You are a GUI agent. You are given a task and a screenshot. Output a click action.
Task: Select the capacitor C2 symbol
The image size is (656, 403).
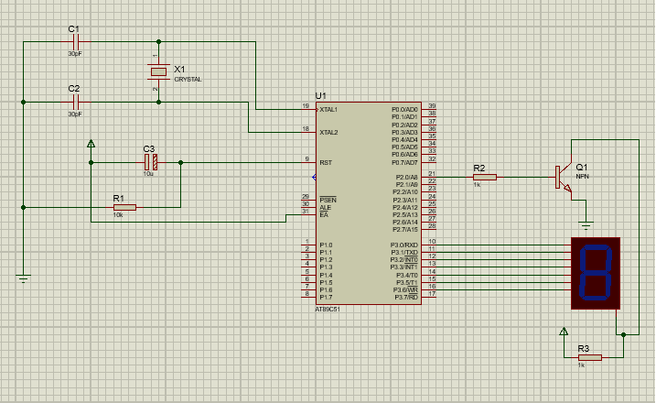[x=75, y=101]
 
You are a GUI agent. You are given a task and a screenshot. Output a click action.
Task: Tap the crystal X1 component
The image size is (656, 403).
[x=159, y=71]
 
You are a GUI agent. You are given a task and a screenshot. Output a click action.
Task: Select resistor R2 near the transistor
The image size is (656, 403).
[x=484, y=177]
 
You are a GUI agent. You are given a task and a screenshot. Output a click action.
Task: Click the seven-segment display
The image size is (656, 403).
[x=595, y=272]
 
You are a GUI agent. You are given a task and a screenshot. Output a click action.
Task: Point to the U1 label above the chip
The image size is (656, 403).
[x=320, y=96]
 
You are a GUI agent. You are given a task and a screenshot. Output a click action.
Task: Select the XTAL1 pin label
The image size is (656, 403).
[x=329, y=109]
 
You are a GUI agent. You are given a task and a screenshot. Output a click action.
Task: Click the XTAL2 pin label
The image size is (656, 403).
[x=329, y=132]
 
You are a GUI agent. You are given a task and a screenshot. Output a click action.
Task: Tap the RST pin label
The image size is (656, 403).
[x=326, y=162]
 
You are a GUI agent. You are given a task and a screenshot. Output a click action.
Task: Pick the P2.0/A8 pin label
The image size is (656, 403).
[x=406, y=177]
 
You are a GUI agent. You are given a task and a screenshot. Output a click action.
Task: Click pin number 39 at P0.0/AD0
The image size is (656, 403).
[x=431, y=106]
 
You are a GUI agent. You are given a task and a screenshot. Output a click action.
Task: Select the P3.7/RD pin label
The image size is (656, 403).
[x=406, y=297]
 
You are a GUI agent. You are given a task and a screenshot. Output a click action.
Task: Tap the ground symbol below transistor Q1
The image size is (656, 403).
[x=586, y=223]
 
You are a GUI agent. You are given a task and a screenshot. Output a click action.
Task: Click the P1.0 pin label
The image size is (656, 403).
[x=327, y=245]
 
